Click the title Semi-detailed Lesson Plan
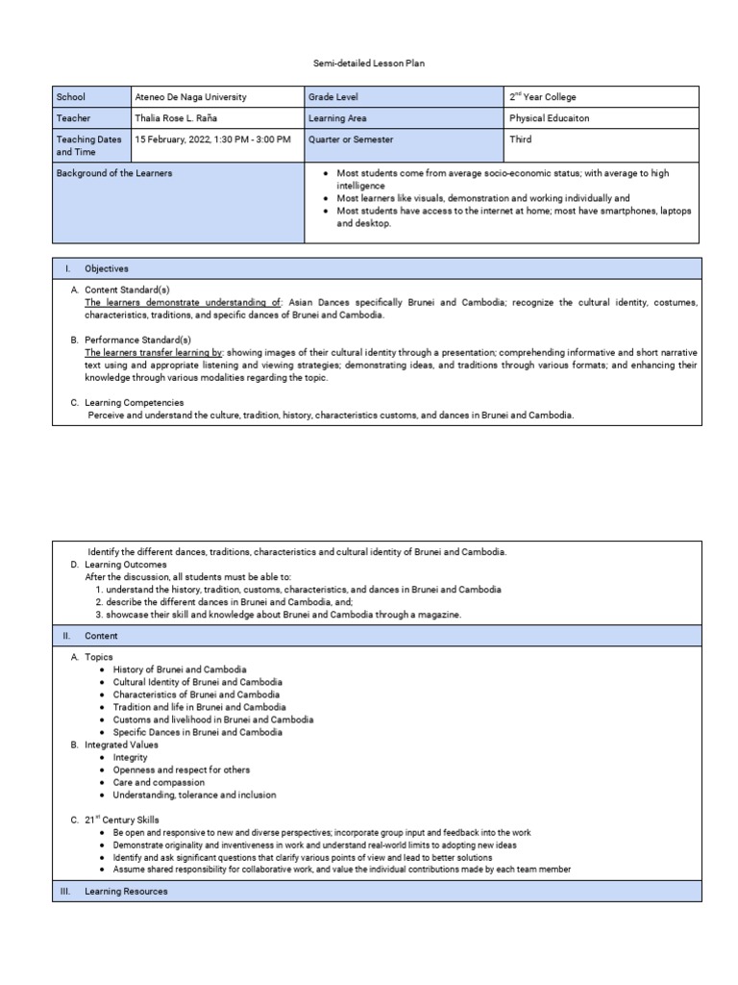pyautogui.click(x=370, y=63)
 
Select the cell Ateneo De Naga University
pyautogui.click(x=190, y=97)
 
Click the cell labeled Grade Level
pyautogui.click(x=333, y=97)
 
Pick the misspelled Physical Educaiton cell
pyautogui.click(x=550, y=118)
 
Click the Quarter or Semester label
pyautogui.click(x=351, y=139)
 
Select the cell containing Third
pyautogui.click(x=522, y=139)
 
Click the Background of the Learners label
pyautogui.click(x=114, y=173)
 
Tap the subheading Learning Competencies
pyautogui.click(x=135, y=402)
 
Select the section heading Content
pyautogui.click(x=101, y=636)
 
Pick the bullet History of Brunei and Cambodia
pyautogui.click(x=180, y=669)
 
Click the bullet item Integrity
pyautogui.click(x=131, y=758)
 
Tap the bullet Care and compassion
pyautogui.click(x=159, y=783)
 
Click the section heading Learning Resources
pyautogui.click(x=126, y=892)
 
